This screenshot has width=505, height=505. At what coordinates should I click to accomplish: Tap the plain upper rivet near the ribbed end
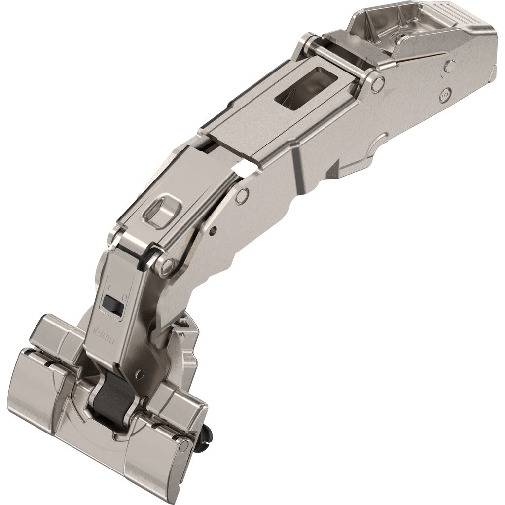(x=450, y=65)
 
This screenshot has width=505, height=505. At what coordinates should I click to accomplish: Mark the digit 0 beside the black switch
(x=124, y=297)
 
